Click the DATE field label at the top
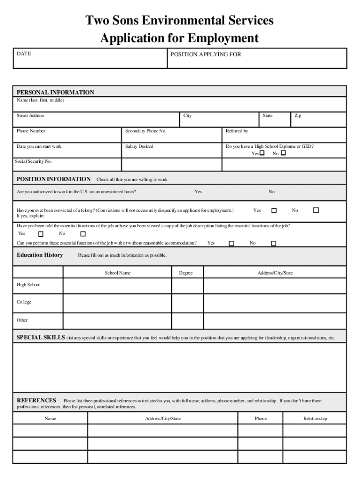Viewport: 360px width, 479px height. click(24, 54)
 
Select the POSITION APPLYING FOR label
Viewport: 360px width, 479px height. click(206, 54)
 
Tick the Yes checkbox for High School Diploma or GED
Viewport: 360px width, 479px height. click(262, 153)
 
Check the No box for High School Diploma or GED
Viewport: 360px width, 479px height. click(283, 153)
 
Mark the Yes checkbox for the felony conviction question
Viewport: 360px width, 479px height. click(274, 210)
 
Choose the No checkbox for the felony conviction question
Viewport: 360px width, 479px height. click(316, 210)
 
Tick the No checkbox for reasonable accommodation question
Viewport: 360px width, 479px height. click(274, 243)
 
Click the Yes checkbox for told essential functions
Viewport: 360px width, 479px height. click(41, 234)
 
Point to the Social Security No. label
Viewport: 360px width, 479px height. click(34, 161)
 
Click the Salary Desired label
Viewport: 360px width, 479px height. click(139, 146)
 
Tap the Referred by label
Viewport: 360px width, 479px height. click(237, 131)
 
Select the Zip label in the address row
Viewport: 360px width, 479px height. click(297, 116)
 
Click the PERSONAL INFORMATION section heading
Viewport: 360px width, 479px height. click(55, 92)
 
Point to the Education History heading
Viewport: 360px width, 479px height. click(40, 255)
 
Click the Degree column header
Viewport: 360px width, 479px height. click(186, 273)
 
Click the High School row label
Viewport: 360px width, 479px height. click(29, 285)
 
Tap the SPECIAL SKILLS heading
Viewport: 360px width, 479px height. click(41, 337)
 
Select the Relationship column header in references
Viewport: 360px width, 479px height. click(315, 419)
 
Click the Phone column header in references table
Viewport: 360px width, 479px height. click(260, 419)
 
